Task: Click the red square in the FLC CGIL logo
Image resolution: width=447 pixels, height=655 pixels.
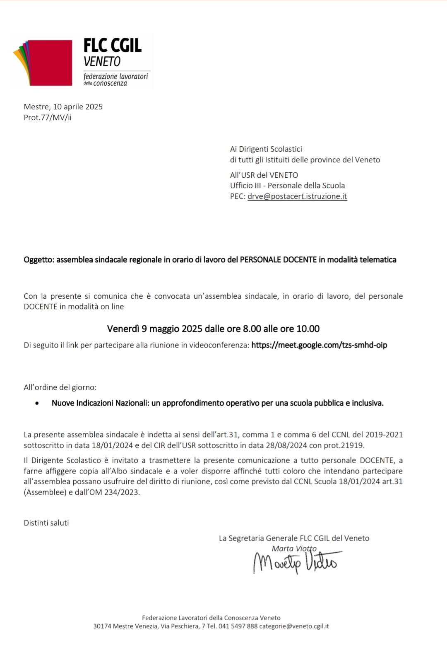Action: [x=52, y=62]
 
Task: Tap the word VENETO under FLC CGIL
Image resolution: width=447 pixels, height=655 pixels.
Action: [x=102, y=62]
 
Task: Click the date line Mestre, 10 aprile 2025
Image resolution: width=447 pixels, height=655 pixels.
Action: [x=63, y=106]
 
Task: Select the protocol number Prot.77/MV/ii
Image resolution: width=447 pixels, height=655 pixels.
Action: [x=48, y=117]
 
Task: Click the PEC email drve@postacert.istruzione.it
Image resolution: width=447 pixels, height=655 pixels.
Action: [x=297, y=196]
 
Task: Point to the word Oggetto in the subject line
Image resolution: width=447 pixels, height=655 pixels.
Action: [x=38, y=260]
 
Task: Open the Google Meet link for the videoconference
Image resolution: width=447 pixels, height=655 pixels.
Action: [x=319, y=345]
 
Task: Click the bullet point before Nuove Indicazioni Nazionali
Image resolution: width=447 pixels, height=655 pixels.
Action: [x=38, y=403]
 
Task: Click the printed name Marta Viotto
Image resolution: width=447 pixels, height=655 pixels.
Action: [x=294, y=549]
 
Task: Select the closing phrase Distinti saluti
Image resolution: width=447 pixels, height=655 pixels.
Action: [x=46, y=523]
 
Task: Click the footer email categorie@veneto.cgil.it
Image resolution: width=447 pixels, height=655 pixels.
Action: [x=294, y=626]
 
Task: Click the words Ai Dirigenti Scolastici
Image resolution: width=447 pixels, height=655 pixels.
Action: [x=266, y=149]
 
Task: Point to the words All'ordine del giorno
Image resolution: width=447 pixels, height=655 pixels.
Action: [x=60, y=387]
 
